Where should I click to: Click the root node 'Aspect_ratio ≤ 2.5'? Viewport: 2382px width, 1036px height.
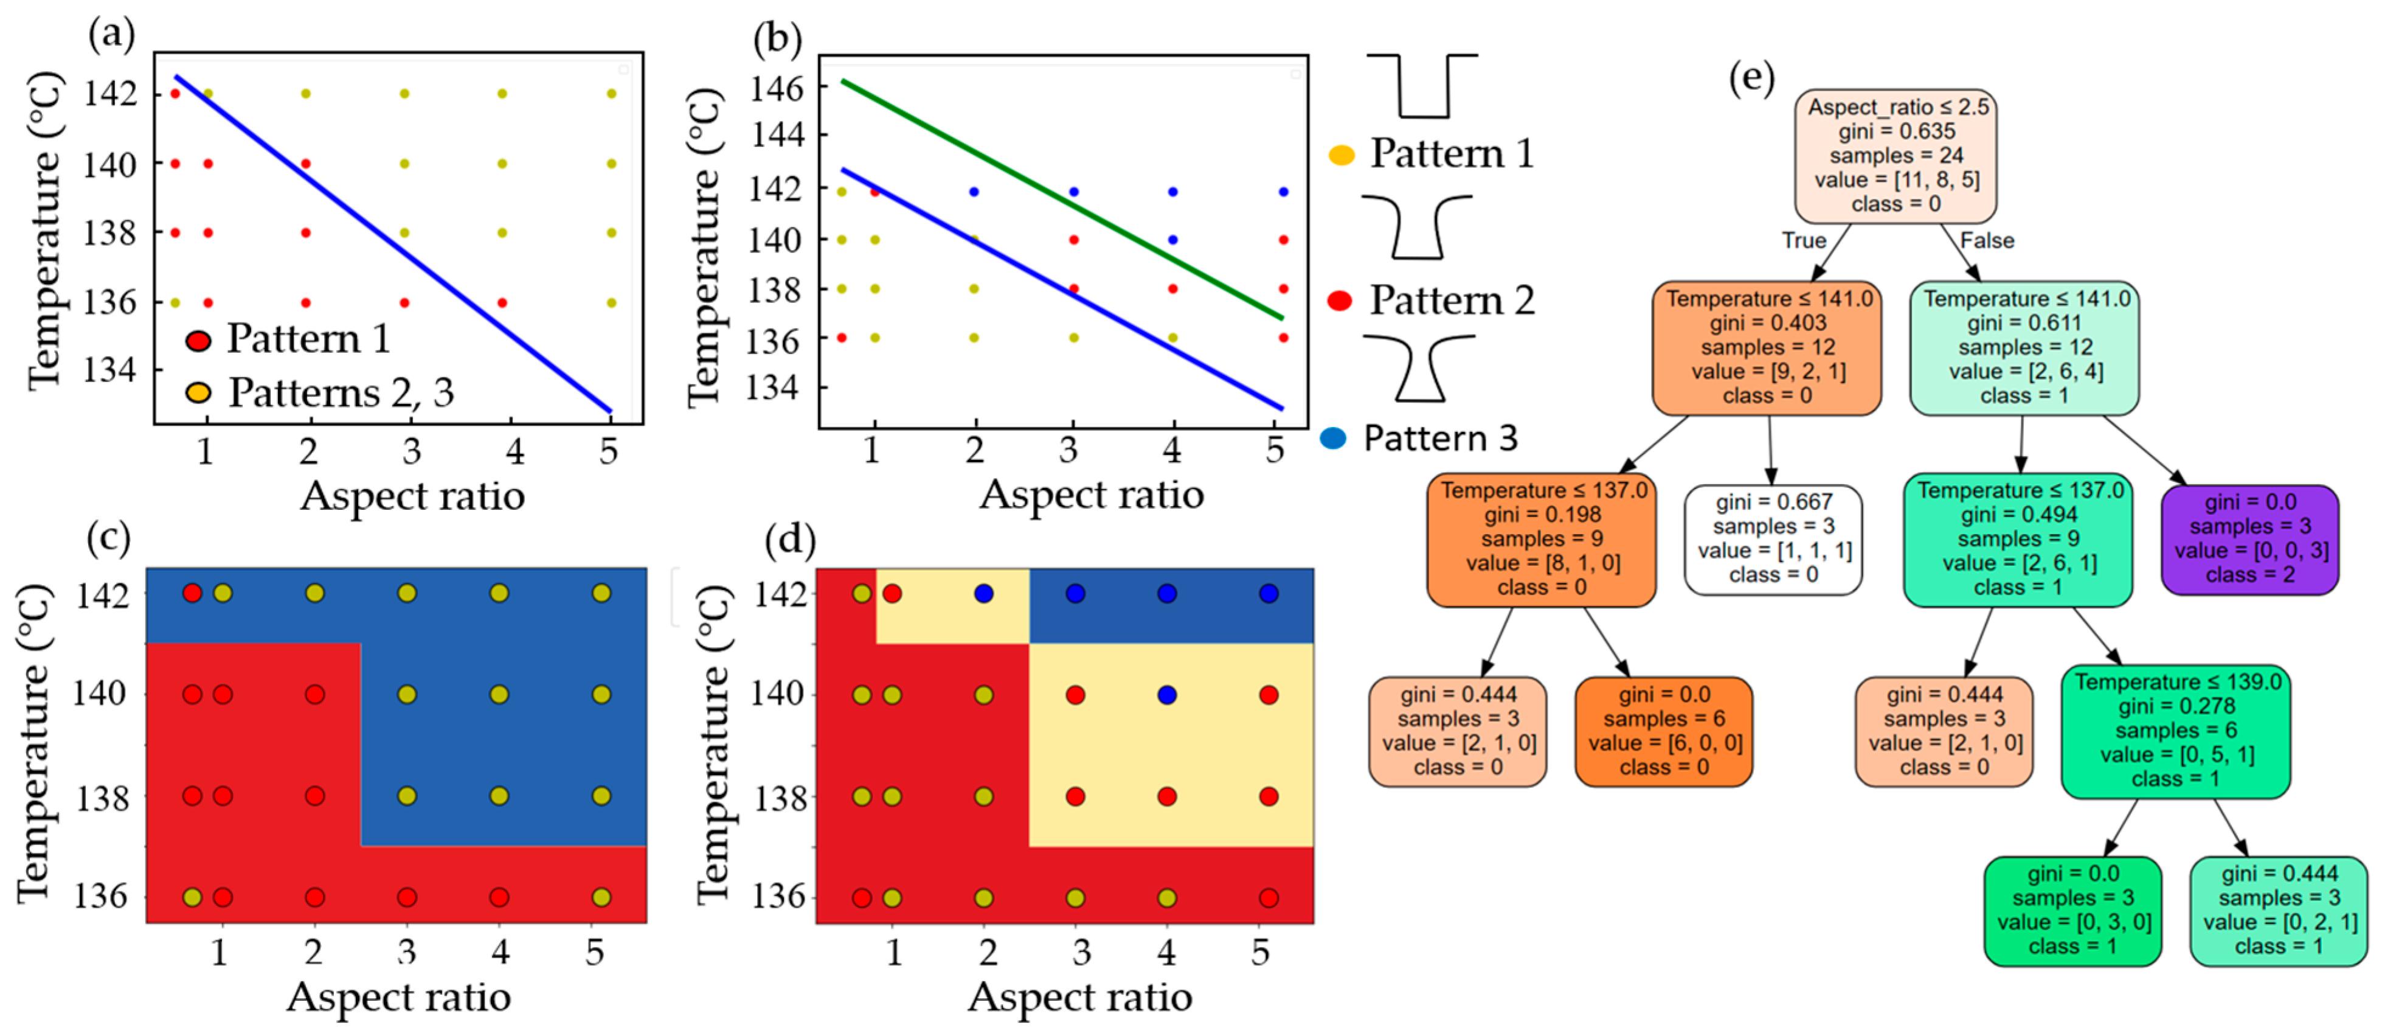[x=1896, y=155]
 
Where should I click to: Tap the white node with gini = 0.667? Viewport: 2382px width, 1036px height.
[x=1773, y=539]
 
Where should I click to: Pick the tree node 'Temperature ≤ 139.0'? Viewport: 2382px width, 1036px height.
[x=2176, y=731]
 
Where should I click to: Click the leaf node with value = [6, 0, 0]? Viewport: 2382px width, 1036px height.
[x=1664, y=731]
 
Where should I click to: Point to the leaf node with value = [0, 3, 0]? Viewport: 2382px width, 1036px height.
[x=2072, y=910]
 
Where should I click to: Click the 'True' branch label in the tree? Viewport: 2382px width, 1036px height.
[x=1804, y=240]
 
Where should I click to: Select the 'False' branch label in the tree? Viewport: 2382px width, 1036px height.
[x=1986, y=240]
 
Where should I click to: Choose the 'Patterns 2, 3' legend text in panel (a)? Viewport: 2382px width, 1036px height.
[x=341, y=393]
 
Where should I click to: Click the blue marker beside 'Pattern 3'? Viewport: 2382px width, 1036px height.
[x=1334, y=437]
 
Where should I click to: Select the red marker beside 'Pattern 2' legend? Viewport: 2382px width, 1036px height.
[x=1340, y=300]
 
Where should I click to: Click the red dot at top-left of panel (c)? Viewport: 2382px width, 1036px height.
[x=192, y=593]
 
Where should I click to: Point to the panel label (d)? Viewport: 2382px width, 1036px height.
[x=791, y=538]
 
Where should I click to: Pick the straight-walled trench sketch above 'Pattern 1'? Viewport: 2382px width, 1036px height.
[x=1422, y=86]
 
